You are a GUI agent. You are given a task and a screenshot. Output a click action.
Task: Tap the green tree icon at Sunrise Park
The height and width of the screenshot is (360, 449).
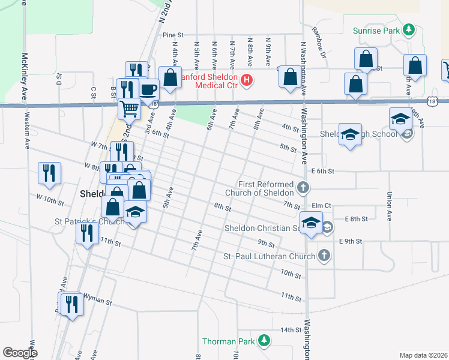coord(409,29)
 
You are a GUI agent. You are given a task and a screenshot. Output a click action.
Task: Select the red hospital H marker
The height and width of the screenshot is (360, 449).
coord(246,80)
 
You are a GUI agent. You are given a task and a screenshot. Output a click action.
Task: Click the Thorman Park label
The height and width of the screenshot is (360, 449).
coord(228,341)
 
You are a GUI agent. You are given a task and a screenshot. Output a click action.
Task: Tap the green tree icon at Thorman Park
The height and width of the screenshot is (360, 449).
coord(263,341)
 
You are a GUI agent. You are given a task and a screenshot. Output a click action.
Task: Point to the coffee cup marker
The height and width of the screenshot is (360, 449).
coord(148,90)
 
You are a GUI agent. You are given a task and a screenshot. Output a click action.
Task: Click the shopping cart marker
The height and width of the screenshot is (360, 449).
coord(129,109)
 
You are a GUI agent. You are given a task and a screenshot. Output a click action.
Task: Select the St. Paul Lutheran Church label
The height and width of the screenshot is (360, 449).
coord(269,256)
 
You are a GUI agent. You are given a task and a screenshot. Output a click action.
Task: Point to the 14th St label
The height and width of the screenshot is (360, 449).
coord(289,330)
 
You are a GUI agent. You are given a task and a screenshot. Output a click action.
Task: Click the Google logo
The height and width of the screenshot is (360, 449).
coord(20,353)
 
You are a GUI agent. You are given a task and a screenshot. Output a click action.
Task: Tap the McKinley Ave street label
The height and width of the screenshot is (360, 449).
coord(25,70)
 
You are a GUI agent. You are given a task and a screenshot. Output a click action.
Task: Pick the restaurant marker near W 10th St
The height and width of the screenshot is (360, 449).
coord(49,173)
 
